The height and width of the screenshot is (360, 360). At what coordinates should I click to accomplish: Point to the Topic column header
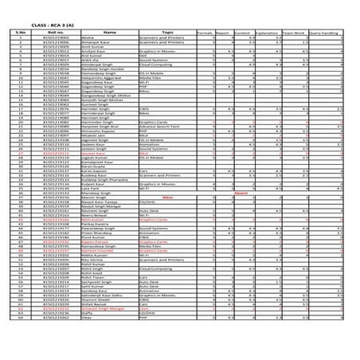point(167,33)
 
